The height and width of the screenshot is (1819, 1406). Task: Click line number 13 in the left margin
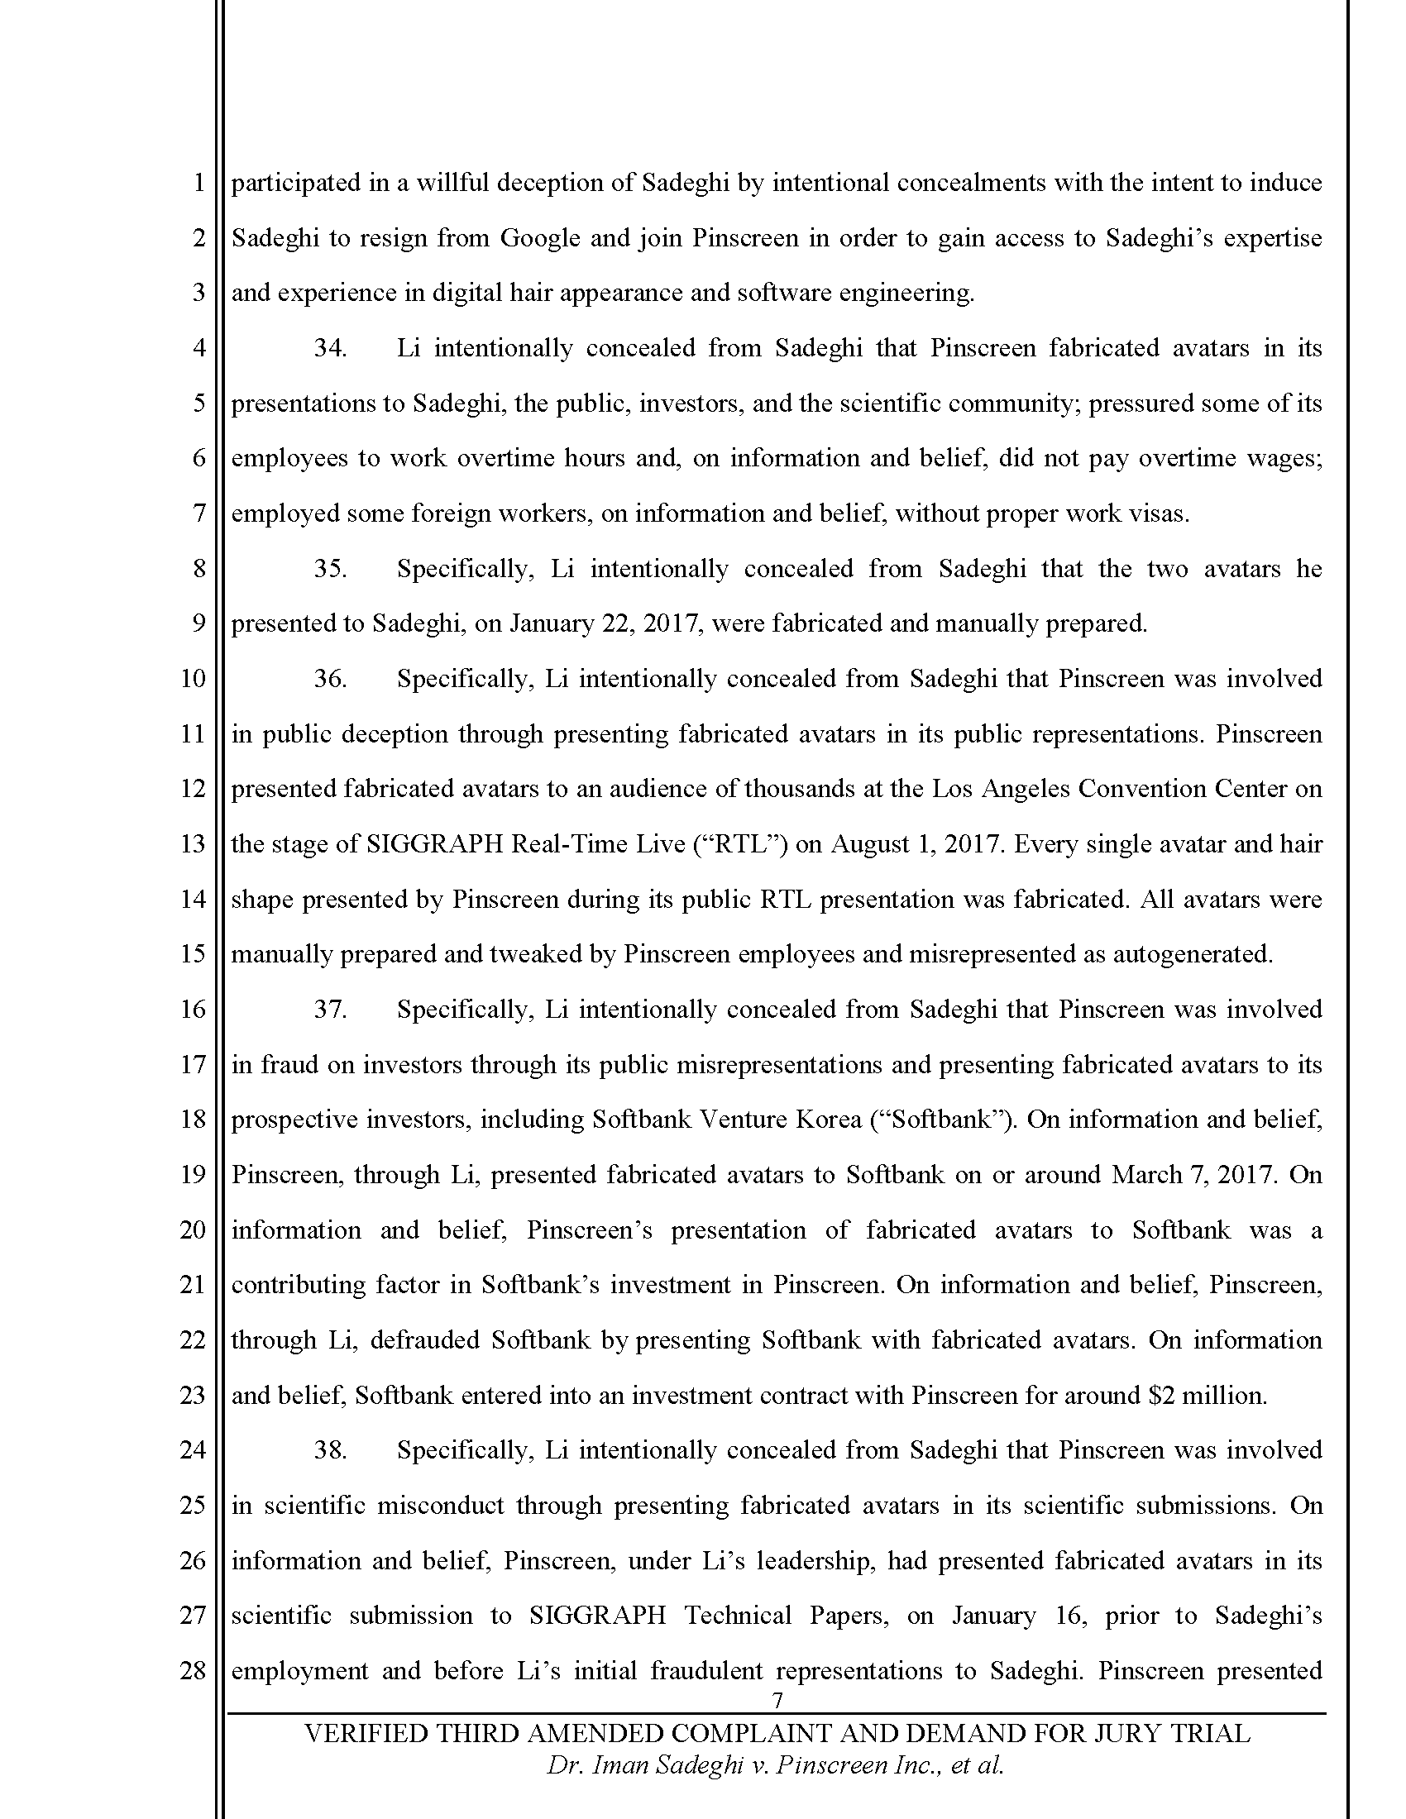tap(193, 843)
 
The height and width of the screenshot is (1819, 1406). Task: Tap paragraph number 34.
tap(330, 348)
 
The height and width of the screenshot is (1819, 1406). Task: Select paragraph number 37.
tap(330, 1010)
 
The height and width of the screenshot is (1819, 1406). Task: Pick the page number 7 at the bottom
tap(778, 1699)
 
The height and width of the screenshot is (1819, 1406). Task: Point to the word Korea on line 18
tap(825, 1120)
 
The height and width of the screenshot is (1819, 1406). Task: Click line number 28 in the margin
tap(193, 1671)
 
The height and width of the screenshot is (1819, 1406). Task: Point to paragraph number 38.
tap(330, 1450)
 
